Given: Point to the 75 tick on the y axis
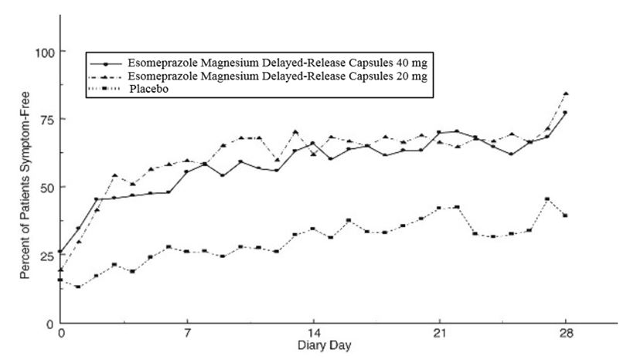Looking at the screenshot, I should tap(40, 120).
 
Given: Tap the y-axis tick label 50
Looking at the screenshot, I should tap(40, 188).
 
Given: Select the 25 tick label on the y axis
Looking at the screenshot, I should tap(40, 256).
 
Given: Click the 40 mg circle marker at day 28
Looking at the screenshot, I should tap(565, 113).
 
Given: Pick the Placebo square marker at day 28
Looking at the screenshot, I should tap(565, 216).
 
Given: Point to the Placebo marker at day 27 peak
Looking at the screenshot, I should tap(547, 199).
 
